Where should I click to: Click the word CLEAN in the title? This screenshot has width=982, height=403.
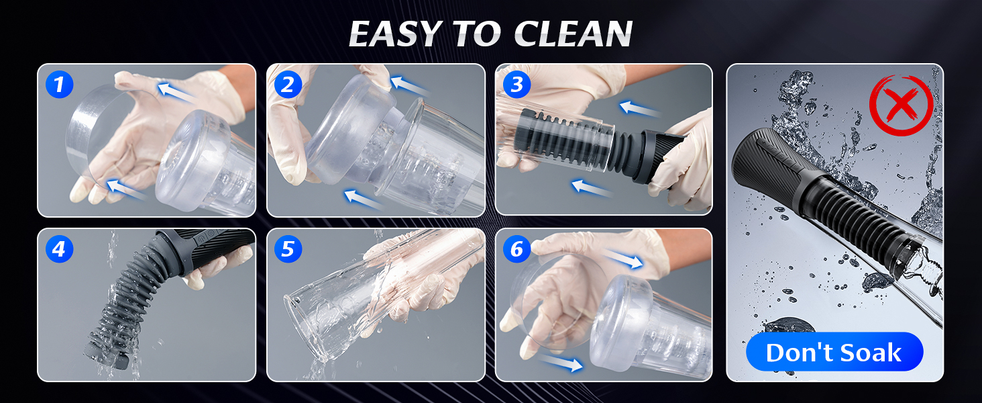pyautogui.click(x=574, y=34)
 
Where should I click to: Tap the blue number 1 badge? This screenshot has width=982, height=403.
pyautogui.click(x=59, y=84)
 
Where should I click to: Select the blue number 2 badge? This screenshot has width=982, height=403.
pyautogui.click(x=288, y=84)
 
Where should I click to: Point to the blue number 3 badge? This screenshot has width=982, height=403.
pyautogui.click(x=517, y=84)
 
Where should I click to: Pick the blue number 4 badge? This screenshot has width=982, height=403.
pyautogui.click(x=59, y=249)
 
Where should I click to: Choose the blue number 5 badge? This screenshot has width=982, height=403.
pyautogui.click(x=288, y=249)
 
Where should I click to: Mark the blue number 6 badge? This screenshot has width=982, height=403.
pyautogui.click(x=517, y=249)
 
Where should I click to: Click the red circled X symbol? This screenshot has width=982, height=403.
pyautogui.click(x=901, y=105)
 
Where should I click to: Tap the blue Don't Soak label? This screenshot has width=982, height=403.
pyautogui.click(x=834, y=352)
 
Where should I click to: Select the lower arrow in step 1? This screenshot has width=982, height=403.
pyautogui.click(x=126, y=189)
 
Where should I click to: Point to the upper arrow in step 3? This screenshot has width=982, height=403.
pyautogui.click(x=639, y=109)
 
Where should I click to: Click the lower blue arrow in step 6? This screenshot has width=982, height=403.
pyautogui.click(x=561, y=363)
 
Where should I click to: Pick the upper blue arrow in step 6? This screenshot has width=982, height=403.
pyautogui.click(x=622, y=258)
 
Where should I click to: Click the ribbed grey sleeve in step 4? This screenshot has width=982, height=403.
pyautogui.click(x=123, y=303)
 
